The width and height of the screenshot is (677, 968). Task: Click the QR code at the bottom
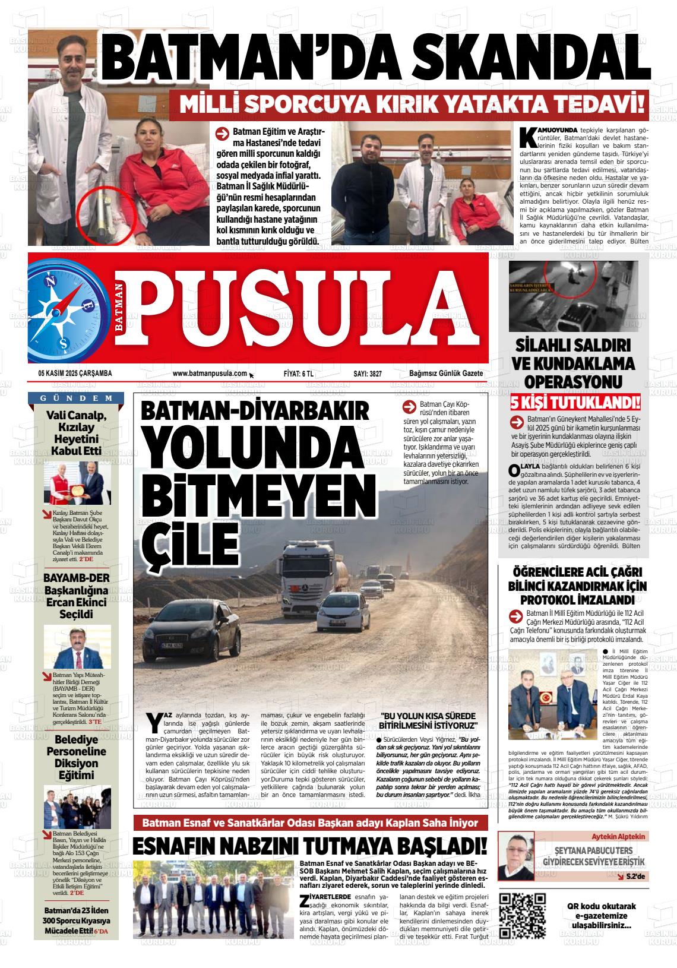523,915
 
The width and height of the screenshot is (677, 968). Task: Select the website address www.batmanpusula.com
210,374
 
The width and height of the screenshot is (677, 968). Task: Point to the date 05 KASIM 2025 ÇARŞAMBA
75,374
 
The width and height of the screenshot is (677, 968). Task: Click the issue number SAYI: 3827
368,374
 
